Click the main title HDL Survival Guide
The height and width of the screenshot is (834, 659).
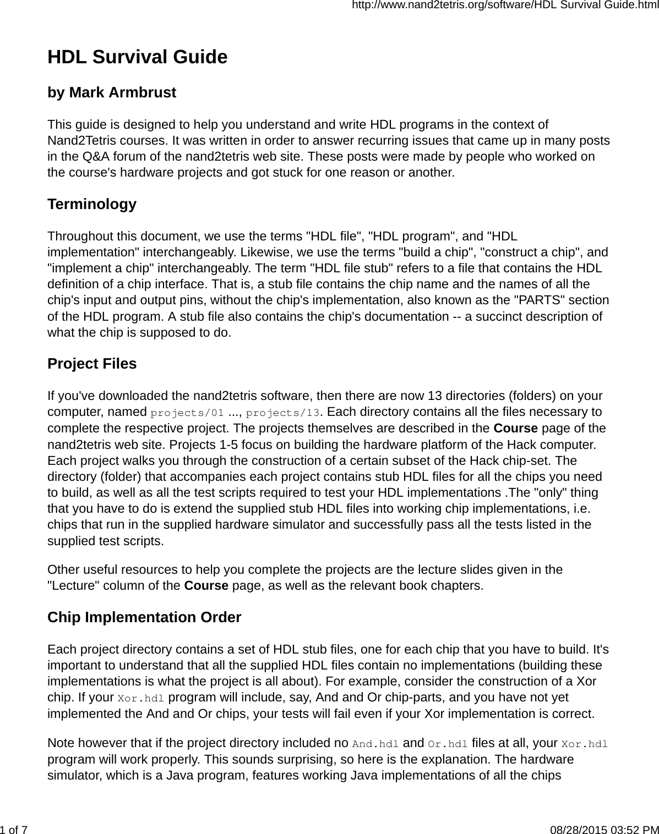(x=137, y=57)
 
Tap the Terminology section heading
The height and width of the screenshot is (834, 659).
(x=92, y=204)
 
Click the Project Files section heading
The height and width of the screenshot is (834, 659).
(x=92, y=364)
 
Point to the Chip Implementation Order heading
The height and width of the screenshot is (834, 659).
(x=144, y=617)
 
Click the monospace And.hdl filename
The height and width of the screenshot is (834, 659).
(x=375, y=744)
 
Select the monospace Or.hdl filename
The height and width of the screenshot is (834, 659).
(x=448, y=744)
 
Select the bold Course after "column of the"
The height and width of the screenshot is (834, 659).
(x=206, y=585)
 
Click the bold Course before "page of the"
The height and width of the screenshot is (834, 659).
(x=516, y=429)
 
